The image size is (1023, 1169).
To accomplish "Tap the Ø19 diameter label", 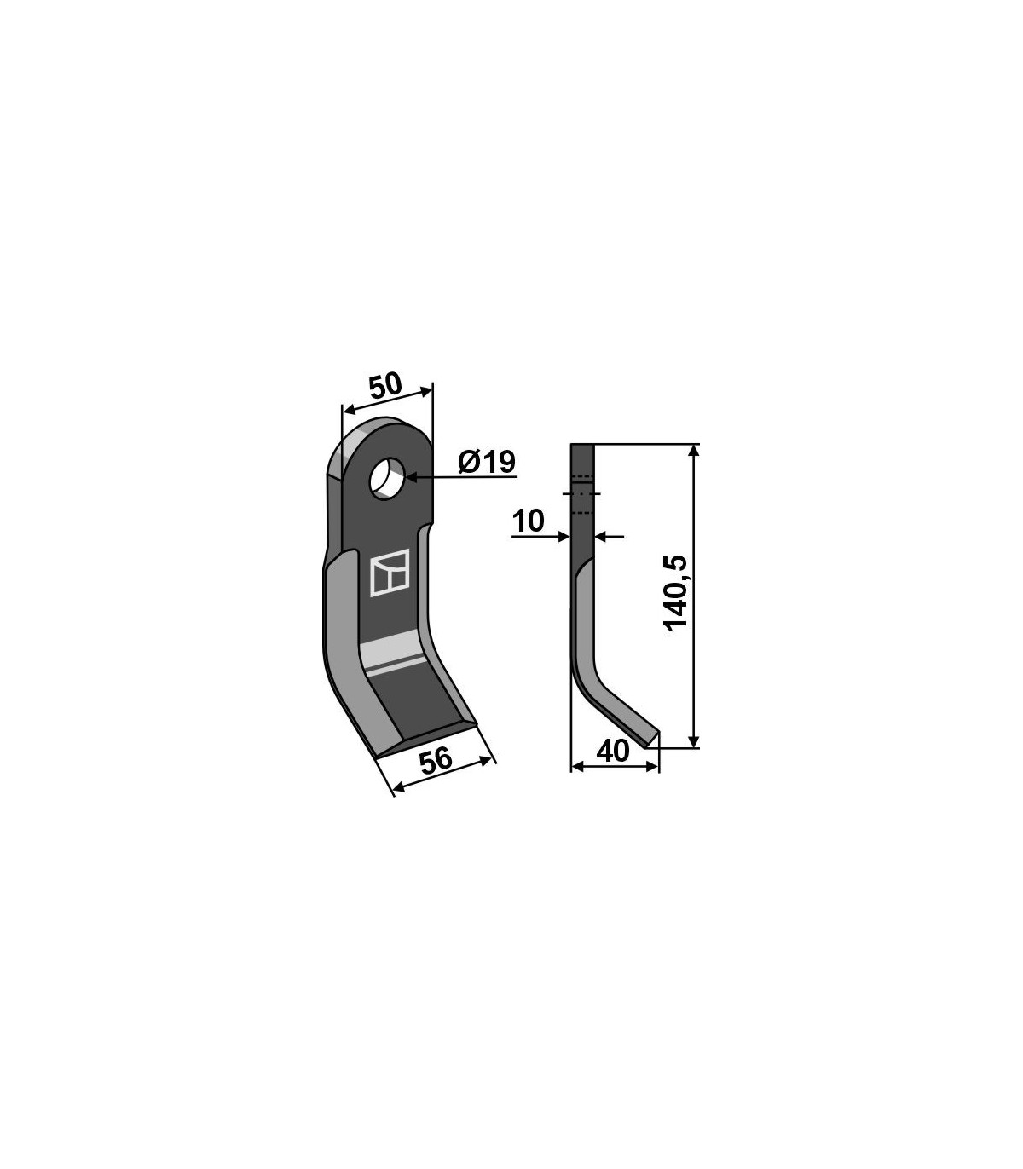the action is [487, 462].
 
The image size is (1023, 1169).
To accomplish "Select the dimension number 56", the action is [436, 762].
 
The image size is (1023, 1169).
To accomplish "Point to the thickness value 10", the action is [528, 521].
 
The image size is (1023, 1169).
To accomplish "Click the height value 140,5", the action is [676, 593].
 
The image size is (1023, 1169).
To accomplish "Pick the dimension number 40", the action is [613, 751].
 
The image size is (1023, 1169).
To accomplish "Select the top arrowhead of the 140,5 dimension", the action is [694, 451].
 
